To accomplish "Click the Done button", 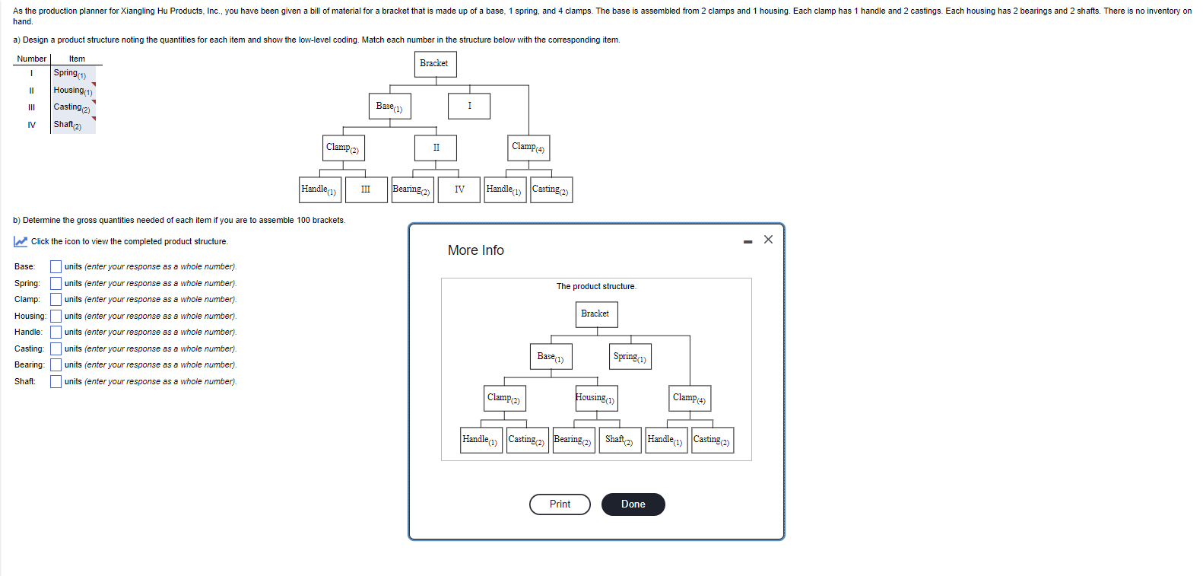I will (633, 504).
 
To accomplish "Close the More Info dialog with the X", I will (768, 240).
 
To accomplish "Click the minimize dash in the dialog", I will (748, 242).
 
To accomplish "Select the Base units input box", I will (56, 267).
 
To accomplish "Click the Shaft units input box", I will (56, 382).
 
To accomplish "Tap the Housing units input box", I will (56, 317).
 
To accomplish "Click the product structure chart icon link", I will (21, 242).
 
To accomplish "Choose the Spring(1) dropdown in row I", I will (73, 74).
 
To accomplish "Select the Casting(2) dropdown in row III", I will (73, 108).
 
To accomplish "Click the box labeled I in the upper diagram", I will (469, 106).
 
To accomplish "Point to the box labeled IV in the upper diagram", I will (459, 189).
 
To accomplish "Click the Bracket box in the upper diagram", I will (435, 64).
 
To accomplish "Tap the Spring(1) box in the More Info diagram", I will (630, 357).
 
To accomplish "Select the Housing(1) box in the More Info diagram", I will (596, 398).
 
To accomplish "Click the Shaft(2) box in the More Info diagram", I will (620, 441).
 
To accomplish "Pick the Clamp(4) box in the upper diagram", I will (528, 148).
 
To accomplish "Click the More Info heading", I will (475, 250).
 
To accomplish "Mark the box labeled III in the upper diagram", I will (366, 189).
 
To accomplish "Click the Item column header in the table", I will (77, 59).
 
